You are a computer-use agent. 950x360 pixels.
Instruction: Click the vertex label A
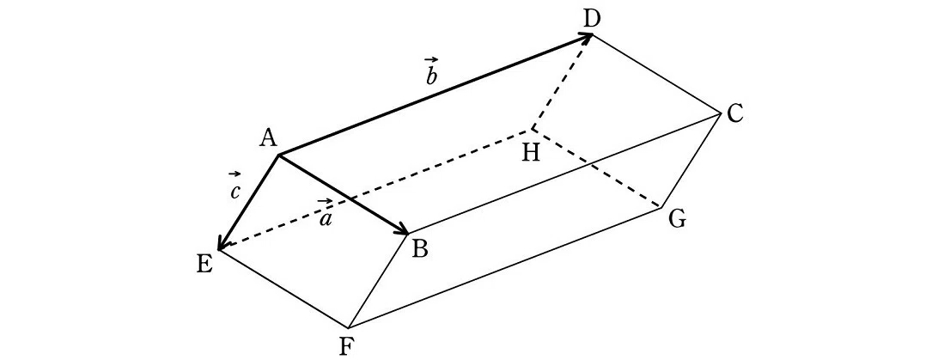pyautogui.click(x=267, y=139)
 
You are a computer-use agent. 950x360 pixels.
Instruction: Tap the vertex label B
pyautogui.click(x=420, y=248)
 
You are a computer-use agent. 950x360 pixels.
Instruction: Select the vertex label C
pyautogui.click(x=734, y=113)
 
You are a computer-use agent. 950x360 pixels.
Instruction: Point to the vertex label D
pyautogui.click(x=591, y=19)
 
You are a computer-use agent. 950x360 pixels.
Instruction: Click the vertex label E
pyautogui.click(x=204, y=265)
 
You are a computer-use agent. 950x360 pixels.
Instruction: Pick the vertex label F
pyautogui.click(x=346, y=346)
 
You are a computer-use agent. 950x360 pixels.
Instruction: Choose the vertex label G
pyautogui.click(x=677, y=219)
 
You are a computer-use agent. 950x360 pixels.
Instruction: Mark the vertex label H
pyautogui.click(x=532, y=153)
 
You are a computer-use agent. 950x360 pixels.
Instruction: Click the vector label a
pyautogui.click(x=326, y=215)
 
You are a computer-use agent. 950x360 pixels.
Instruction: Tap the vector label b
pyautogui.click(x=431, y=71)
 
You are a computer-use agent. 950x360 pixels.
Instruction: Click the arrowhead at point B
pyautogui.click(x=402, y=229)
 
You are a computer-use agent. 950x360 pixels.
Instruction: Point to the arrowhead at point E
pyautogui.click(x=222, y=241)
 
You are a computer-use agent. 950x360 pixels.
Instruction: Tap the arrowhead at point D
pyautogui.click(x=585, y=38)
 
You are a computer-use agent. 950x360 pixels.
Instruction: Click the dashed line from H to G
pyautogui.click(x=596, y=168)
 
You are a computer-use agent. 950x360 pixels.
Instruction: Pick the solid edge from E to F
pyautogui.click(x=283, y=289)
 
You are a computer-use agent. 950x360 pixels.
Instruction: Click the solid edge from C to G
pyautogui.click(x=691, y=161)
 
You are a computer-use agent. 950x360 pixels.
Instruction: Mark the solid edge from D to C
pyautogui.click(x=657, y=74)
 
